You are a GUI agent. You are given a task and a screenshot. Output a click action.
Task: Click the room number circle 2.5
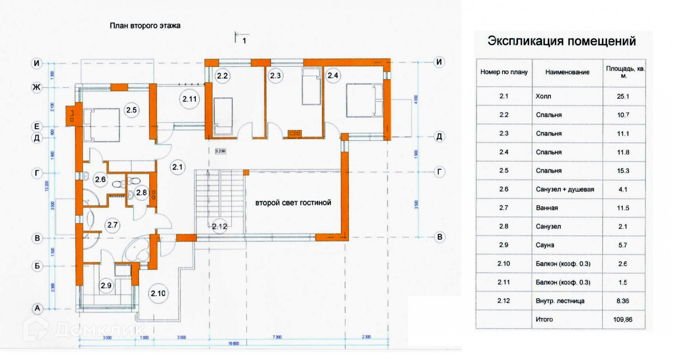coord(132,110)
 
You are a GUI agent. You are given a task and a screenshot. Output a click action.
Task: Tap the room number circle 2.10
coord(158,293)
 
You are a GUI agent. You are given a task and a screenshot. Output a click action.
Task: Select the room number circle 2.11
coord(190,99)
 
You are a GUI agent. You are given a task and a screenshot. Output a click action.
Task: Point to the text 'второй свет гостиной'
coord(293,203)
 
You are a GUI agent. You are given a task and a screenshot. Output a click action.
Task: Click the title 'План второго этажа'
coord(145,26)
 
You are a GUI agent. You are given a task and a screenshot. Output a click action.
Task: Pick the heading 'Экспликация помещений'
coord(561,41)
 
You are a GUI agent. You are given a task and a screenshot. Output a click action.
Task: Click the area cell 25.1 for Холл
coord(623,96)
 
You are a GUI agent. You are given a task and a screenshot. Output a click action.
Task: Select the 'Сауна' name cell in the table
coord(545,245)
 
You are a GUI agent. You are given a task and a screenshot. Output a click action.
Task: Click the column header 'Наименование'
coord(567,72)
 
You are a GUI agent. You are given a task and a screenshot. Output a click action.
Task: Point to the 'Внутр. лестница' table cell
coord(560,301)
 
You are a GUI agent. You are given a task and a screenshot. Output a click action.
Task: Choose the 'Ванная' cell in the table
coord(547,208)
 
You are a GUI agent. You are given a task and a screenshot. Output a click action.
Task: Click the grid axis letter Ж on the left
coord(37,87)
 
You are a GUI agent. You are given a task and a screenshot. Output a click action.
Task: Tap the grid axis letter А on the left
coord(37,309)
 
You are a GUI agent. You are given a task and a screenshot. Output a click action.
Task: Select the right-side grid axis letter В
coord(440,237)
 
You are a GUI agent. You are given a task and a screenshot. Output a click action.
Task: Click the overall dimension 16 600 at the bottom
coord(233,343)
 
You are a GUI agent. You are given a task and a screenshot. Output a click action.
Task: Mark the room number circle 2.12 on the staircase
coord(220,227)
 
